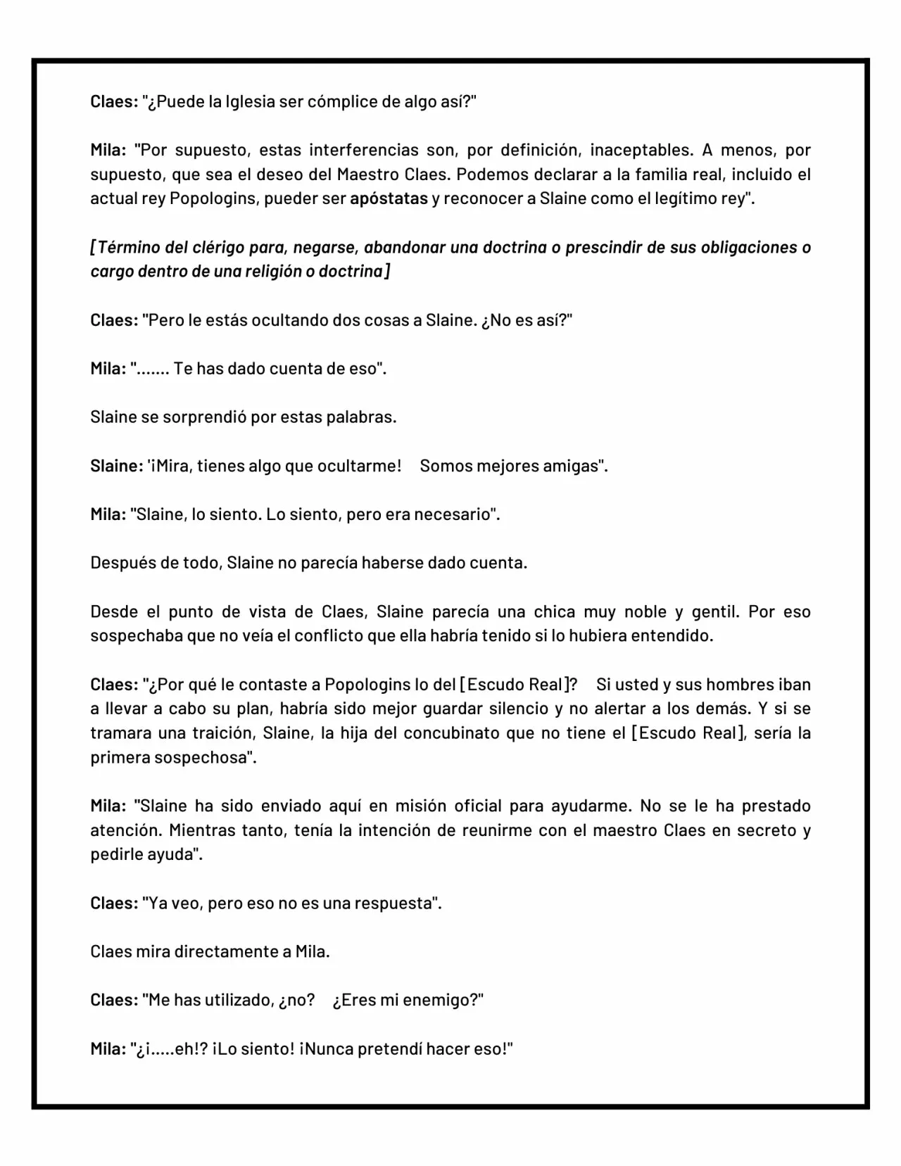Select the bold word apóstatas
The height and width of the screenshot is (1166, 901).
tap(389, 198)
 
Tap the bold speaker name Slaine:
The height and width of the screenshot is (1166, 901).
tap(117, 466)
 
